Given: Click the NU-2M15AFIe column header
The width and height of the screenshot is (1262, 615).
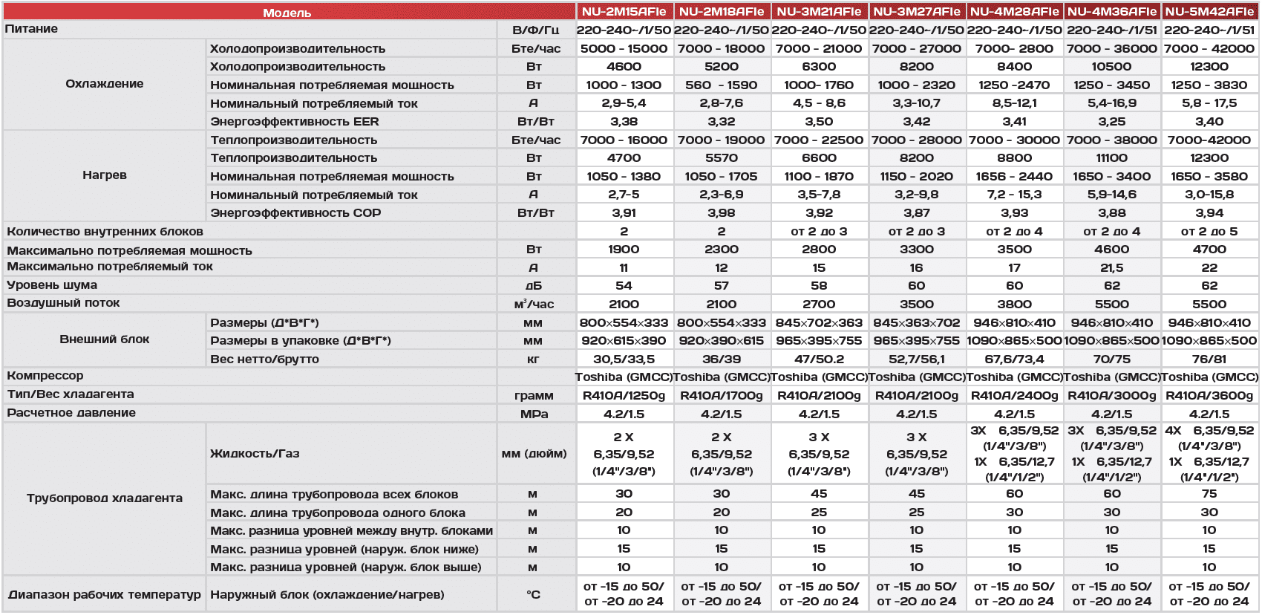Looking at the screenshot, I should [x=624, y=11].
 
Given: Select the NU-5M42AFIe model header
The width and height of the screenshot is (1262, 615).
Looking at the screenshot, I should [x=1209, y=11].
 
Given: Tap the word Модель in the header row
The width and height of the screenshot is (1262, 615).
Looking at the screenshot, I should [x=287, y=13].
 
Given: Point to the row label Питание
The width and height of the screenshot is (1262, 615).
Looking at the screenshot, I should [x=31, y=29].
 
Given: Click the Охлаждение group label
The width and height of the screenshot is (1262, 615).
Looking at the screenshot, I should [x=104, y=84].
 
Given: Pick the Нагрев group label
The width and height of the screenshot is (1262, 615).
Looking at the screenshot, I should [x=104, y=175].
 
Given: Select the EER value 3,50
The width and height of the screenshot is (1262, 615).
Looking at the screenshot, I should [x=819, y=122].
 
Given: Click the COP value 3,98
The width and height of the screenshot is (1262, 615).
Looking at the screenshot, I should [x=721, y=213].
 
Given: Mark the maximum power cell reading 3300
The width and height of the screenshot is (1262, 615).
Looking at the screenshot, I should [x=916, y=250].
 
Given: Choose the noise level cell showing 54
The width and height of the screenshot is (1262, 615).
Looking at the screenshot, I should [x=624, y=286].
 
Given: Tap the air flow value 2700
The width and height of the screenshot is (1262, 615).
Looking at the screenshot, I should [x=819, y=305].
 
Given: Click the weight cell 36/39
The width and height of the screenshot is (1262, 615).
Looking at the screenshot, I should [x=721, y=359].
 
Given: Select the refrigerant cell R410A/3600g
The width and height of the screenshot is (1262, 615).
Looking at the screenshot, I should [x=1209, y=396].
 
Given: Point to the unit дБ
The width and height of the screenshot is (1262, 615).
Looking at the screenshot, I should [x=533, y=286].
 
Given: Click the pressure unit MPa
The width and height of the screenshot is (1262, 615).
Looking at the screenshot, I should [x=534, y=414].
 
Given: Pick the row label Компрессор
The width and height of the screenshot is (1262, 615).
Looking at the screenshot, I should [x=45, y=376].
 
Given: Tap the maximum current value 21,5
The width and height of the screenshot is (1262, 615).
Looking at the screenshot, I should [x=1111, y=268].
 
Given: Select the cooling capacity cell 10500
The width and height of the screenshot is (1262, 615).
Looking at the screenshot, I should [x=1111, y=67].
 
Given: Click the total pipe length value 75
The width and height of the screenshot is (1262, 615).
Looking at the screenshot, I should [x=1209, y=494].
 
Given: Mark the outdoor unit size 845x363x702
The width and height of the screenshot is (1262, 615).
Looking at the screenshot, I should [x=916, y=323].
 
